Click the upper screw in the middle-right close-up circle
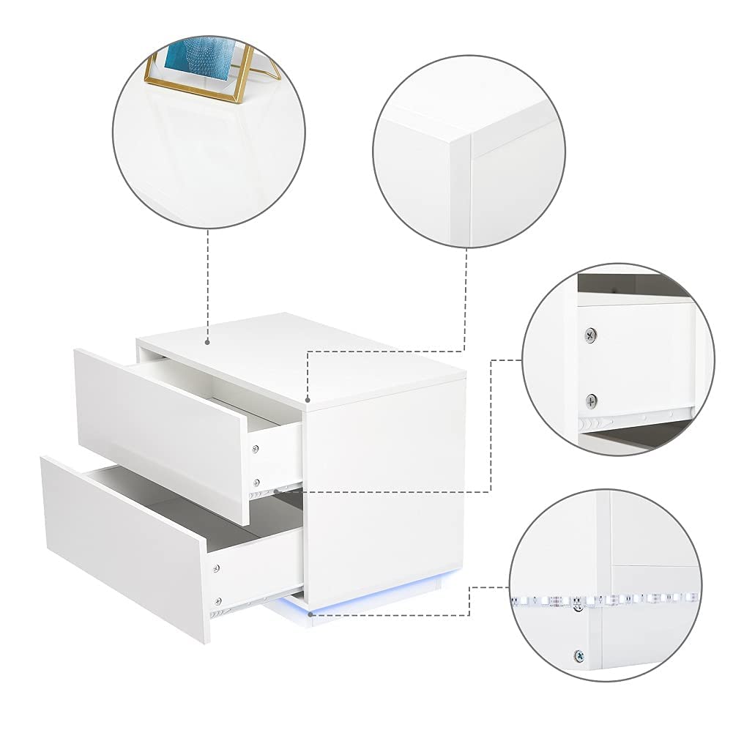591,335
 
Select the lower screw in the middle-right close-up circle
591,401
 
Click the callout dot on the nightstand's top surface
208,341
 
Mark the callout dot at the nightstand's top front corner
309,401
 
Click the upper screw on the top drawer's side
256,447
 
